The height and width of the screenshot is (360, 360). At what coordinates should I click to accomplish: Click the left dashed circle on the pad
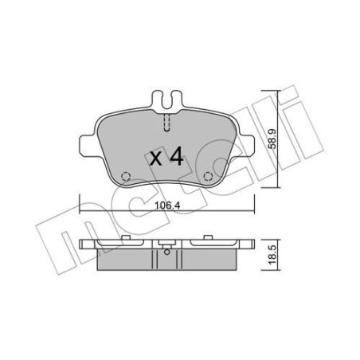tap(124, 177)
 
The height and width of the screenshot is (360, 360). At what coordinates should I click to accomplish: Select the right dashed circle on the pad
tap(208, 177)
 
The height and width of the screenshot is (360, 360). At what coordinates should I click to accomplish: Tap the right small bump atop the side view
tap(199, 237)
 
